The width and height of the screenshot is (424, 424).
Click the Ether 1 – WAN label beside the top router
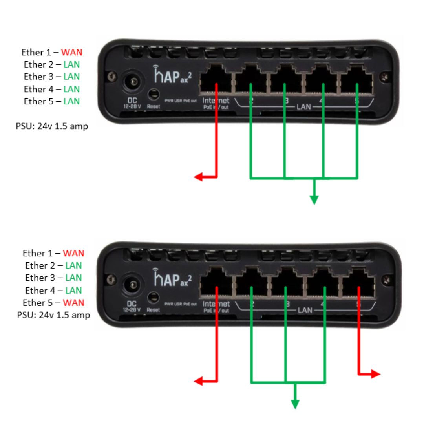click(x=52, y=52)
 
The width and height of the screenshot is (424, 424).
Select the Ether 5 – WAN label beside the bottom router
click(x=53, y=303)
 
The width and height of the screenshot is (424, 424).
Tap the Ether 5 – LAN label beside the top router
click(x=52, y=101)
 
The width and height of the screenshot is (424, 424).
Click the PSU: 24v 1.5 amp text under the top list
click(x=52, y=127)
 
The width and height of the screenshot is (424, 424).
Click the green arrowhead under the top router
click(x=314, y=200)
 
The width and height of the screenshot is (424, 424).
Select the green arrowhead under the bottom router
click(x=295, y=404)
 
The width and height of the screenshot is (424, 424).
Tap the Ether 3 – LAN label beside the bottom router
click(x=53, y=278)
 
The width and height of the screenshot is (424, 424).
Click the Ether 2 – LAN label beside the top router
click(x=52, y=64)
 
